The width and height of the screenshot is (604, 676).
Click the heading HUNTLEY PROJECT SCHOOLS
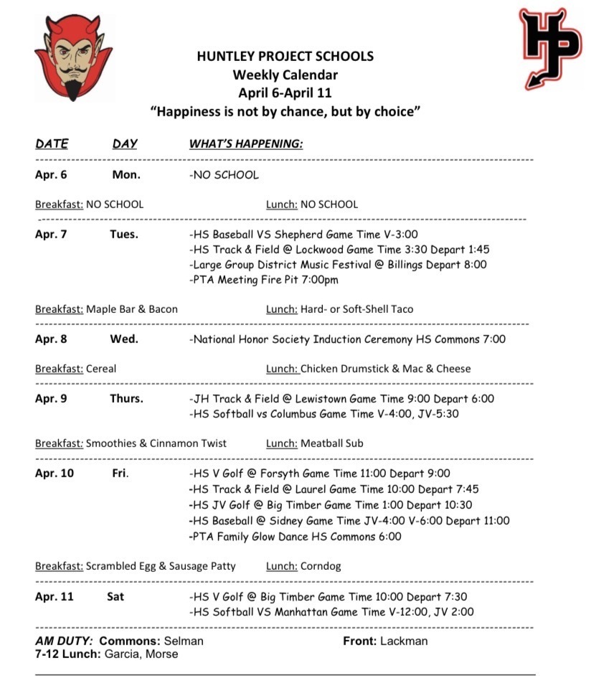(x=285, y=56)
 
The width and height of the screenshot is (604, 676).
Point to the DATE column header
(x=52, y=144)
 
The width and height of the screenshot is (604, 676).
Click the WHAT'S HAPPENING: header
(x=246, y=144)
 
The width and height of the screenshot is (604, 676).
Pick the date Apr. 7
(x=51, y=234)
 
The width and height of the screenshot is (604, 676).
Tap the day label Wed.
(x=124, y=339)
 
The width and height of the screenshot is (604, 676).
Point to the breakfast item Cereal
(x=101, y=369)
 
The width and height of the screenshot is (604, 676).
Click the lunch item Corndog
(x=321, y=566)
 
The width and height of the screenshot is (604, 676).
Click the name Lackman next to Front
(x=405, y=641)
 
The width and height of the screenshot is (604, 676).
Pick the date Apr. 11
(x=54, y=596)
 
